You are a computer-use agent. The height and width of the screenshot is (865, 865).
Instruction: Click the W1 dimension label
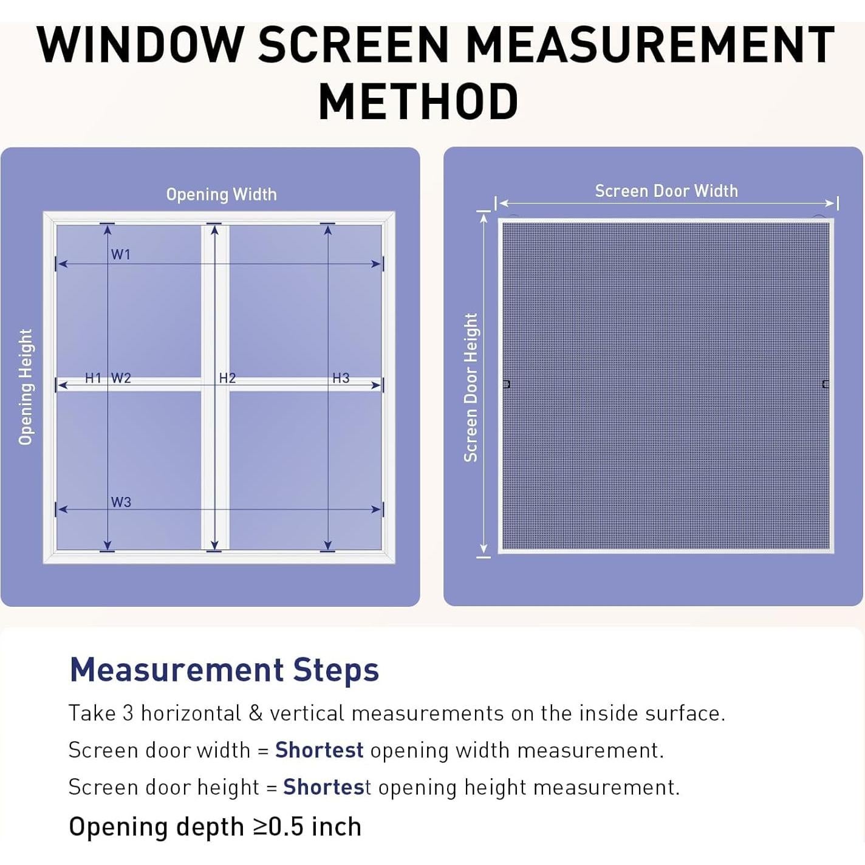coord(120,255)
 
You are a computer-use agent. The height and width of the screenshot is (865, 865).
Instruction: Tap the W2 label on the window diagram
coord(121,378)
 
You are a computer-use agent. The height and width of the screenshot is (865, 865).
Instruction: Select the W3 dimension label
coord(121,502)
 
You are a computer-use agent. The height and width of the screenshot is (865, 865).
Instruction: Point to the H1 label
coord(93,378)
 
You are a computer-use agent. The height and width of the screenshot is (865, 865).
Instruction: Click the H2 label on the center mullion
coord(227,378)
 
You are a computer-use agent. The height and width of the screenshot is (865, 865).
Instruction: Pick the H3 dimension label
coord(341,378)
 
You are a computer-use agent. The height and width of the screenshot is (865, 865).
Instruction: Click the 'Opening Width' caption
coord(221,194)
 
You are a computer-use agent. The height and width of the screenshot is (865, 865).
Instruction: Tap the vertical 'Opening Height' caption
coord(26,387)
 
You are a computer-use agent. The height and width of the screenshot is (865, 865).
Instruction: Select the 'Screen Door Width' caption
coord(666,191)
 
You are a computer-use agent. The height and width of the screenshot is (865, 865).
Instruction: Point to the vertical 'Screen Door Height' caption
coord(471,388)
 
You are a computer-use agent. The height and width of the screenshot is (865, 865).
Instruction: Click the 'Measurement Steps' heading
coord(224,670)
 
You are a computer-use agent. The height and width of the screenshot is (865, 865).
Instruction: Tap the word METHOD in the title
coord(419,102)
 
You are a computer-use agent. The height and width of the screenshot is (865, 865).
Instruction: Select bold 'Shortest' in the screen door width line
coord(319,750)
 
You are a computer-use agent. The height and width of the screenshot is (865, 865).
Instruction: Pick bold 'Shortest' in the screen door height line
coord(327,787)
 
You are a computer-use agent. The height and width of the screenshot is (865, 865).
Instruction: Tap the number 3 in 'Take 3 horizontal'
coord(128,713)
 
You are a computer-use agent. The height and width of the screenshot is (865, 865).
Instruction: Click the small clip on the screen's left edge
coord(507,384)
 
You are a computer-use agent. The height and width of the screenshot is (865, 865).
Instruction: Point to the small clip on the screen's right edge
coord(825,384)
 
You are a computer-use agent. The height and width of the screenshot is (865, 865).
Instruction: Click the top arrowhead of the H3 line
coord(328,229)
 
